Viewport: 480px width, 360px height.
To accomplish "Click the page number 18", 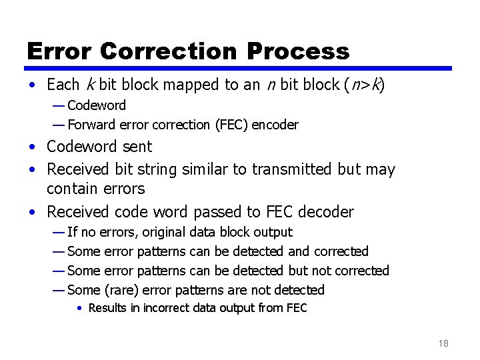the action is click(x=443, y=343).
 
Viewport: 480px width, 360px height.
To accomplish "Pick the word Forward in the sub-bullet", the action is click(x=90, y=125).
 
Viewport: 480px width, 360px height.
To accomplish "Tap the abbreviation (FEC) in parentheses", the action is click(x=228, y=125).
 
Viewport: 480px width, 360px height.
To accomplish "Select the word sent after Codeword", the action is click(x=137, y=147).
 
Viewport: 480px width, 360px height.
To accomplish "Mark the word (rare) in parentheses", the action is click(x=120, y=290).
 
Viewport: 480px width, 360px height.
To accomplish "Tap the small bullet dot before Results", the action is click(x=79, y=309).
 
